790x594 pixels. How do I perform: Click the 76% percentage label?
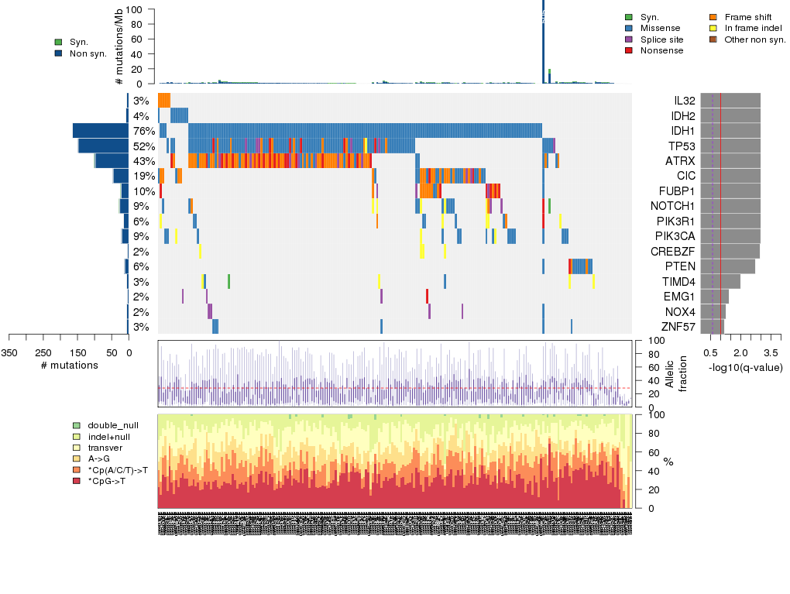(143, 131)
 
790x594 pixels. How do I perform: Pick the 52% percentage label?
(143, 146)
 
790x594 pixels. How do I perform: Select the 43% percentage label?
(143, 161)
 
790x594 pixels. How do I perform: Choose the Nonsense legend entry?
(661, 50)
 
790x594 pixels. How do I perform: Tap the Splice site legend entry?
(661, 39)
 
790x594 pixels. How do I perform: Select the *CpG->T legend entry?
(105, 481)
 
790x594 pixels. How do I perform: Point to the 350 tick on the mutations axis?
(9, 352)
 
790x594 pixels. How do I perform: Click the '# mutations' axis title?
(69, 365)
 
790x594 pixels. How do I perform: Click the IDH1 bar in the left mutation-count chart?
(101, 131)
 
